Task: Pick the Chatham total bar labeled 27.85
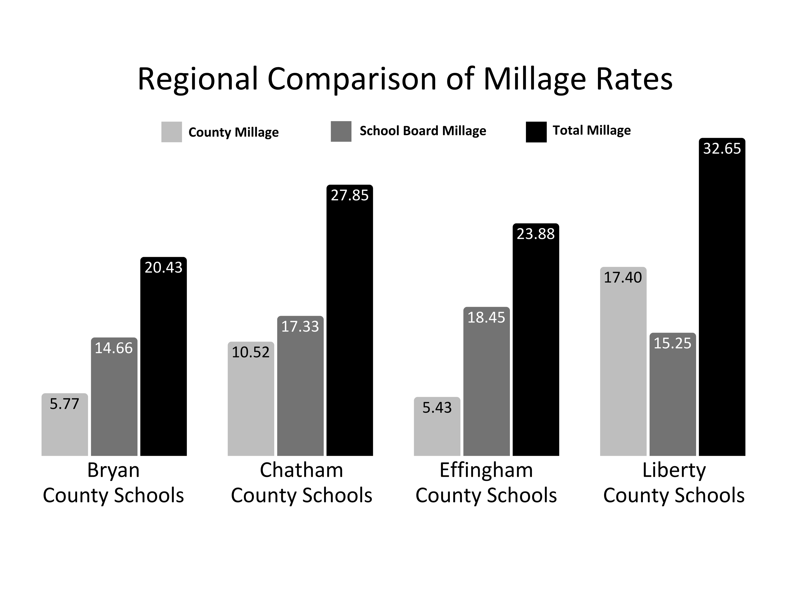[350, 324]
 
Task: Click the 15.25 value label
[672, 343]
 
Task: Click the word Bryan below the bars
[113, 470]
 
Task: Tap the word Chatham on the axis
[301, 470]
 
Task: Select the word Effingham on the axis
[486, 470]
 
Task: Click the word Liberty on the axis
[674, 470]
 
